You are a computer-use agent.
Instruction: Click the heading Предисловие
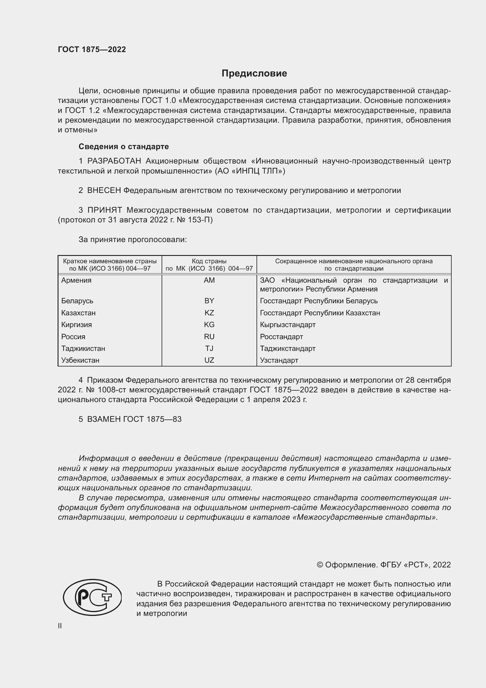254,74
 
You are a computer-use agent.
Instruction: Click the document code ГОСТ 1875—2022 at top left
92,49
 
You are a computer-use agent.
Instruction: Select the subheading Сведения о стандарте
124,146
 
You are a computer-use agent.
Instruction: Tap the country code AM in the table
209,280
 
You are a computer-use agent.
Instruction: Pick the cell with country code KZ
209,313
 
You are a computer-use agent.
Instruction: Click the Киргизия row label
77,324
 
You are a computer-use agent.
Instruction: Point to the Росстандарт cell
281,336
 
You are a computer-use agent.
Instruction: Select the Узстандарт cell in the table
279,360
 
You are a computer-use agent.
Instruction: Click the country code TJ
209,348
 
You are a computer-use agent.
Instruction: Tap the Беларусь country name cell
77,301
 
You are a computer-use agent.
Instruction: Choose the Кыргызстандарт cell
288,324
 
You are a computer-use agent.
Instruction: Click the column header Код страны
209,261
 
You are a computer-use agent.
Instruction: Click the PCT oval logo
92,597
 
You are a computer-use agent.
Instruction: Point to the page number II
60,626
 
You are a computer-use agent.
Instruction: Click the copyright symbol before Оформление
320,565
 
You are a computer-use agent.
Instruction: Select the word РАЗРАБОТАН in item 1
114,161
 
